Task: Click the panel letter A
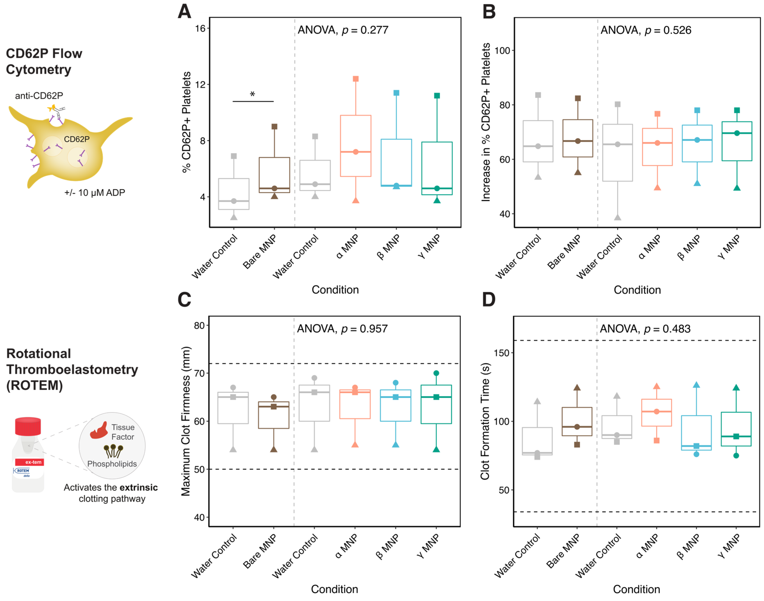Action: point(184,12)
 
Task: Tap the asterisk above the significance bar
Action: point(252,94)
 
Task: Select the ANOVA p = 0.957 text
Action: point(342,329)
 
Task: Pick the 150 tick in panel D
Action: point(502,353)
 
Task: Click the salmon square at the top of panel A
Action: point(356,79)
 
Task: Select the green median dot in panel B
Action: point(737,133)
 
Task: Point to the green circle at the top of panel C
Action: point(436,373)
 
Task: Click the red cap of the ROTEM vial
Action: point(28,426)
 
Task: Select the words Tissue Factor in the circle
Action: point(123,432)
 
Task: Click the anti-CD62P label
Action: point(39,96)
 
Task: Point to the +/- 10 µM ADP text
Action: point(95,193)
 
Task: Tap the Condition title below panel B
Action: point(637,290)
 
